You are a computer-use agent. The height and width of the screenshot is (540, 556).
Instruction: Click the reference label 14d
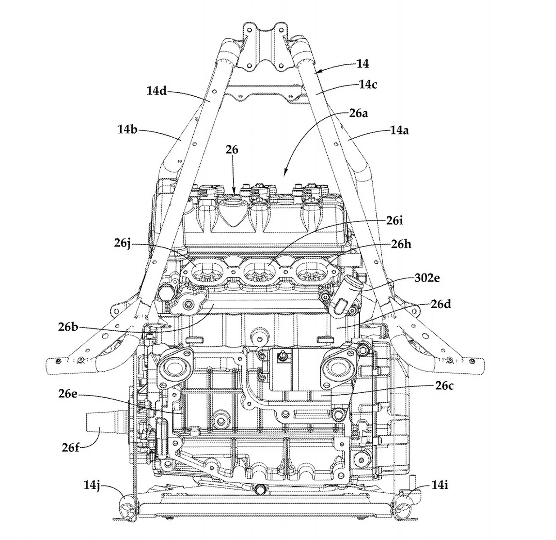[156, 91]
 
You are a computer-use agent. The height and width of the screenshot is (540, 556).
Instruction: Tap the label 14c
[368, 84]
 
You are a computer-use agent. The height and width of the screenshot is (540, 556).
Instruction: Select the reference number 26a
[358, 113]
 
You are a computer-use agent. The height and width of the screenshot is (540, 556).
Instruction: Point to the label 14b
[128, 130]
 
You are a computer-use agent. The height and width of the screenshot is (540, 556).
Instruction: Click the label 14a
[399, 130]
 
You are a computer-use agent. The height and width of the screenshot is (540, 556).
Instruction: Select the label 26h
[401, 244]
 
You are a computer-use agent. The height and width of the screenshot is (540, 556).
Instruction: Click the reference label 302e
[427, 278]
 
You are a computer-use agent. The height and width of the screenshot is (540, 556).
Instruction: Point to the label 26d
[440, 304]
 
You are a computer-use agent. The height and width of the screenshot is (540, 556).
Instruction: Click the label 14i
[439, 485]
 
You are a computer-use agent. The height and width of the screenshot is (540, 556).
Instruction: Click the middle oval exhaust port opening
[257, 271]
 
